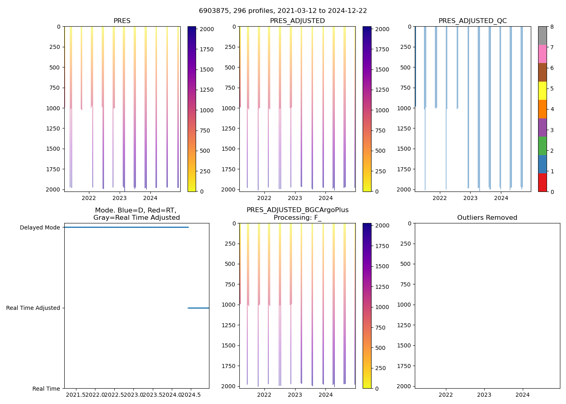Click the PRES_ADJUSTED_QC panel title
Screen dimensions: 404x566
click(473, 21)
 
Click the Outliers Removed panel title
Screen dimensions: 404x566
click(487, 218)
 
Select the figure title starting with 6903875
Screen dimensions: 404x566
click(283, 11)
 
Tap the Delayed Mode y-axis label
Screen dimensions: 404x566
click(40, 227)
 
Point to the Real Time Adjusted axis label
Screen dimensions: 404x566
click(33, 308)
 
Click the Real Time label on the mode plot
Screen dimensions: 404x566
click(46, 389)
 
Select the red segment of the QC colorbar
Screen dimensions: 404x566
click(542, 183)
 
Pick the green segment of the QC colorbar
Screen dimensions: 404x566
click(542, 146)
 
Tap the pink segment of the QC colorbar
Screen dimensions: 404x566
click(542, 54)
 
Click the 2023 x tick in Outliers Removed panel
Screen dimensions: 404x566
click(484, 395)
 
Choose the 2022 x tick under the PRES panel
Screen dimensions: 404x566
click(89, 198)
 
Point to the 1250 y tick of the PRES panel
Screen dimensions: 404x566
click(53, 128)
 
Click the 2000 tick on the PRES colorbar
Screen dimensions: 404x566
click(207, 29)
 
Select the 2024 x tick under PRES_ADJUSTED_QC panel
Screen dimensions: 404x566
click(501, 198)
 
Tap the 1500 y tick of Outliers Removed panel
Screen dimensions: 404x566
click(404, 345)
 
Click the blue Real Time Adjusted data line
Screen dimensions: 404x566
click(199, 308)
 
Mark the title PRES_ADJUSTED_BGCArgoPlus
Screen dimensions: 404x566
click(298, 210)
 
